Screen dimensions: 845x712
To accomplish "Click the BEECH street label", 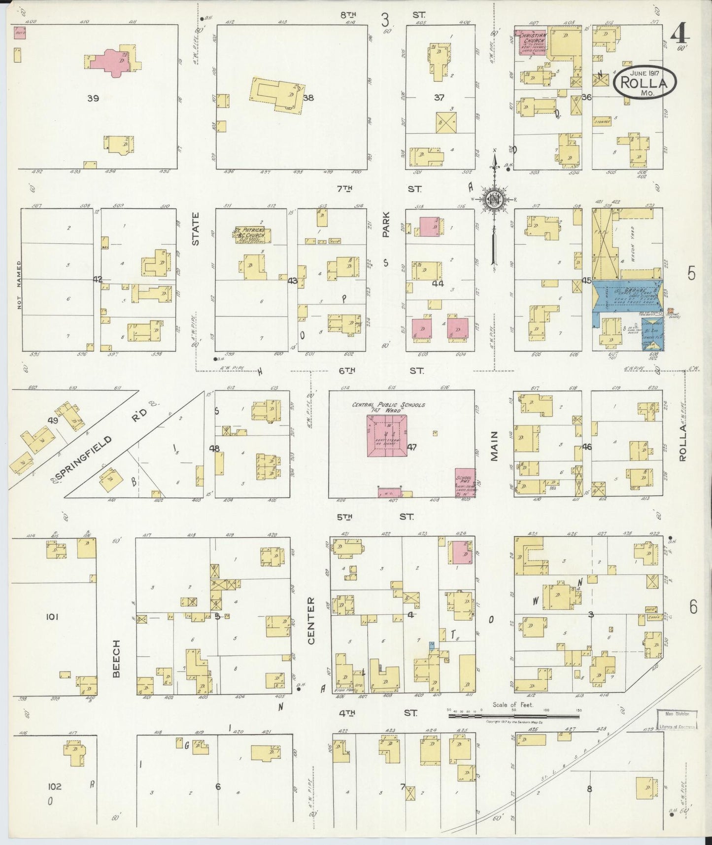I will (x=117, y=659).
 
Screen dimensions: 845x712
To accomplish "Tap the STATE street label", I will (x=196, y=229).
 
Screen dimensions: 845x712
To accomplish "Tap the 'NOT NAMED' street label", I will (x=20, y=291).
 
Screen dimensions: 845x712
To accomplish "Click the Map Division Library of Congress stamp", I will (x=678, y=720).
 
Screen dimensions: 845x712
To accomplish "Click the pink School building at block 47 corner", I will (x=464, y=482).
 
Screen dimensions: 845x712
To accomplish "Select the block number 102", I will (x=54, y=786).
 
